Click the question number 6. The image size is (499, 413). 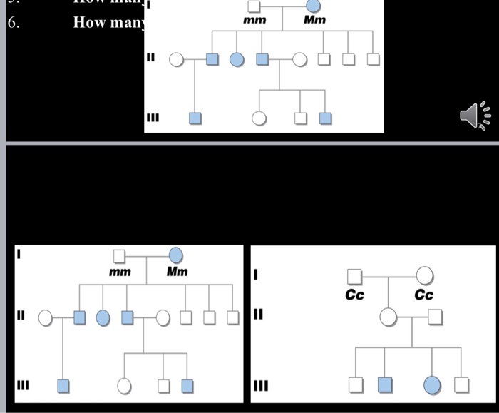(12, 22)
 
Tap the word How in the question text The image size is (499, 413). (88, 22)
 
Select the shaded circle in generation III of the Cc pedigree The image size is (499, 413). (431, 385)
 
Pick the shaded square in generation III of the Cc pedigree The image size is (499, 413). (385, 385)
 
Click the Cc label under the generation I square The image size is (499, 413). (355, 295)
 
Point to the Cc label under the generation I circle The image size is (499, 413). (424, 295)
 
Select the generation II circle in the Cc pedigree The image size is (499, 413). (389, 316)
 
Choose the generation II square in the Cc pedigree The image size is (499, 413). (435, 316)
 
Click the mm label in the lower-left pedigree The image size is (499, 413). (120, 272)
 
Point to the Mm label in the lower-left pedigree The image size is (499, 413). (177, 272)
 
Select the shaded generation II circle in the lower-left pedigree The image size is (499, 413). (103, 317)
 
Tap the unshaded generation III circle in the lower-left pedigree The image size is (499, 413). (125, 386)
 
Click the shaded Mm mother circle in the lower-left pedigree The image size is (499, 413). (175, 255)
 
